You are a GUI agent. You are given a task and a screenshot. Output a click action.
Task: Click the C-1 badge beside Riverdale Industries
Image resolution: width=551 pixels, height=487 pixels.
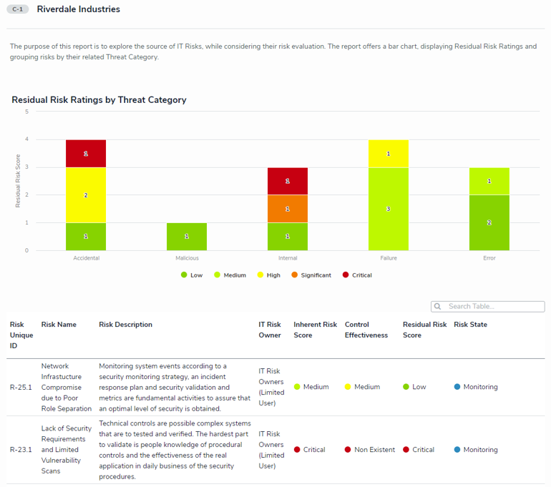click(x=18, y=10)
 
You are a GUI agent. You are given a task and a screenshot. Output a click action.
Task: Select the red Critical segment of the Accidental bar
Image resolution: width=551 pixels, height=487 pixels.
click(x=86, y=153)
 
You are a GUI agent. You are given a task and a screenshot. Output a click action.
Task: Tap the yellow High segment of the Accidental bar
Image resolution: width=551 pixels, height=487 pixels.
click(x=86, y=195)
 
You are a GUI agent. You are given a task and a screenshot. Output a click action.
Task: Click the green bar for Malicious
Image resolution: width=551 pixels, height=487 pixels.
click(x=187, y=236)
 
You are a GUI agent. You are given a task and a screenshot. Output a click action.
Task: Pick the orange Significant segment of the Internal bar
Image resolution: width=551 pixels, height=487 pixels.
click(x=287, y=208)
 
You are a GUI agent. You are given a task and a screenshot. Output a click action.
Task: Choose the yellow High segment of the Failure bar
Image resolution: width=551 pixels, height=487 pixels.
click(x=389, y=153)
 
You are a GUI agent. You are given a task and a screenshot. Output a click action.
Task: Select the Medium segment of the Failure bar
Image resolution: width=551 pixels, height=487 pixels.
click(x=389, y=209)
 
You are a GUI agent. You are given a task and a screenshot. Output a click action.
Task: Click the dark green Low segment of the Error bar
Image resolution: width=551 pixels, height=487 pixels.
click(x=489, y=222)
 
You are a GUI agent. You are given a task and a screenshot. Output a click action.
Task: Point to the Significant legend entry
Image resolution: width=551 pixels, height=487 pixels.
click(x=312, y=275)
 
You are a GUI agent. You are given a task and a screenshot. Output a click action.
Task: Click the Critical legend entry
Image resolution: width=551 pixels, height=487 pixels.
click(x=358, y=275)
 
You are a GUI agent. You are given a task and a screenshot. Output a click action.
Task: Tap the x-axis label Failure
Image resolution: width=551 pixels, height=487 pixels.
click(x=389, y=258)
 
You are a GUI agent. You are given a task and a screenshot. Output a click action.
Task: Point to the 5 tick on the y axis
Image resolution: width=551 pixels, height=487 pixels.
click(x=26, y=112)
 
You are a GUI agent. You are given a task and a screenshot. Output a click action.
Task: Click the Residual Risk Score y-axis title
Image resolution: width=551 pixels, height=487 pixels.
click(x=19, y=181)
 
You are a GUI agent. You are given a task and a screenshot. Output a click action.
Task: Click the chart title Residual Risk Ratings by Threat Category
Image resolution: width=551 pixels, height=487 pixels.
click(x=99, y=100)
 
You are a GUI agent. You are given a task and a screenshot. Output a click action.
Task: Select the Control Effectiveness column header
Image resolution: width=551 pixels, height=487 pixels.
click(x=366, y=330)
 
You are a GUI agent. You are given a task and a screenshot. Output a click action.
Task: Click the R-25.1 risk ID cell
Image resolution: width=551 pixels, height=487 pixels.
click(x=21, y=387)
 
